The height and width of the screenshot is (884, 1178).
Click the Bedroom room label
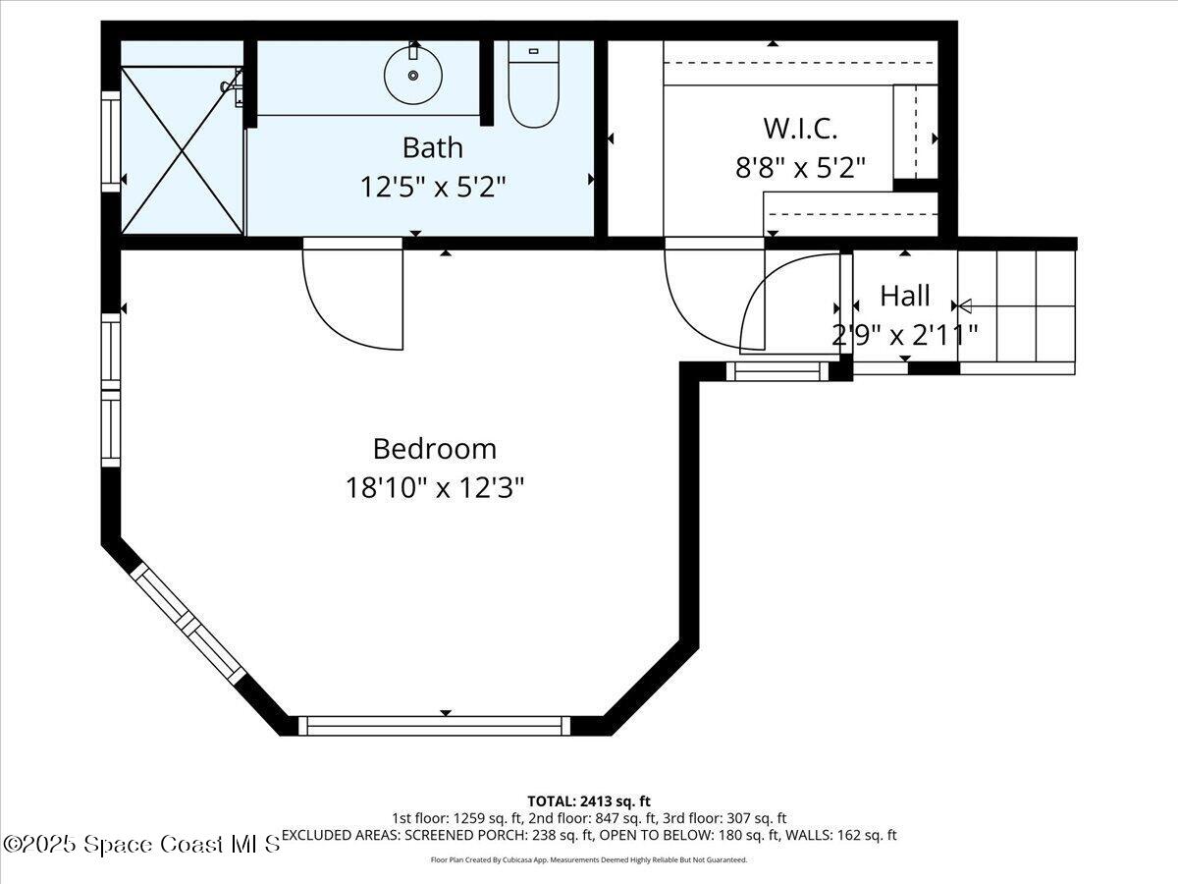click(434, 449)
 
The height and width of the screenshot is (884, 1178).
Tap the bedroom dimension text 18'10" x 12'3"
click(434, 487)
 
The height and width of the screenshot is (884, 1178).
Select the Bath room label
click(432, 147)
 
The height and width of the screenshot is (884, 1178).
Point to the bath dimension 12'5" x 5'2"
click(432, 186)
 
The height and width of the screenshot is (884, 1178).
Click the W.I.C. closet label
click(800, 128)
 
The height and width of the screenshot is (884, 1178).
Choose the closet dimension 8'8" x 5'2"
click(800, 168)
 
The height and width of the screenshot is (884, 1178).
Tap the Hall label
click(904, 295)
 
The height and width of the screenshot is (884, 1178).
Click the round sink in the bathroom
click(412, 75)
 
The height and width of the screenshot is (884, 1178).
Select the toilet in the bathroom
click(533, 88)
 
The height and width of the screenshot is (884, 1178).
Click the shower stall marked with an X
click(182, 150)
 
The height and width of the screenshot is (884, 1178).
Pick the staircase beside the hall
click(1017, 306)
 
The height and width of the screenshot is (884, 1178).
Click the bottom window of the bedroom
click(433, 726)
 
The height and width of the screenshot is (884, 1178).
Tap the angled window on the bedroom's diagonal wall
click(188, 624)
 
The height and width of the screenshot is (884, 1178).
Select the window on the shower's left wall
click(110, 139)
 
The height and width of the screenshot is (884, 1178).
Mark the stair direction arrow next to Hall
click(964, 305)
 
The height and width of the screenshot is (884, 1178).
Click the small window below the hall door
click(776, 371)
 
